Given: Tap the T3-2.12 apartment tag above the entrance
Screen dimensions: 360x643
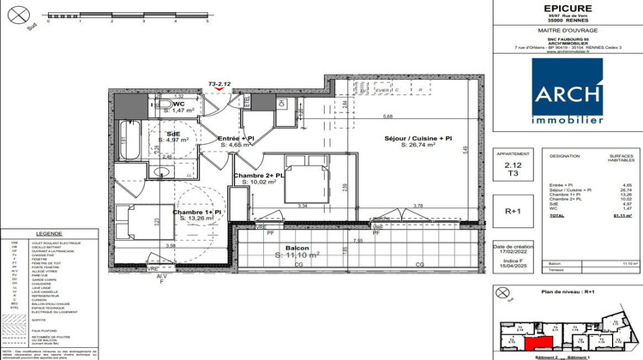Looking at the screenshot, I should [220, 84].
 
